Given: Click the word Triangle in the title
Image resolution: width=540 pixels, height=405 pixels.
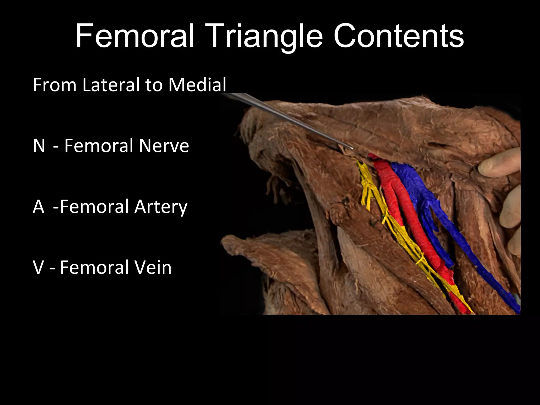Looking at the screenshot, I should coord(264,36).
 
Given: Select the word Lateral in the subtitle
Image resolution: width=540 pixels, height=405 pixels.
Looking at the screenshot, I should coord(111,85).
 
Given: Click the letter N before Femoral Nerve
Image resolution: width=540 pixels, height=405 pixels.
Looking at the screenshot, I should coord(39,146).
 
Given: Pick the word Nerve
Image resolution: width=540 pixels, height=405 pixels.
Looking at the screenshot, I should coord(164,146).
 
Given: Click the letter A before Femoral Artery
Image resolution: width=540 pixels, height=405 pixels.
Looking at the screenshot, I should coord(38,206).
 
